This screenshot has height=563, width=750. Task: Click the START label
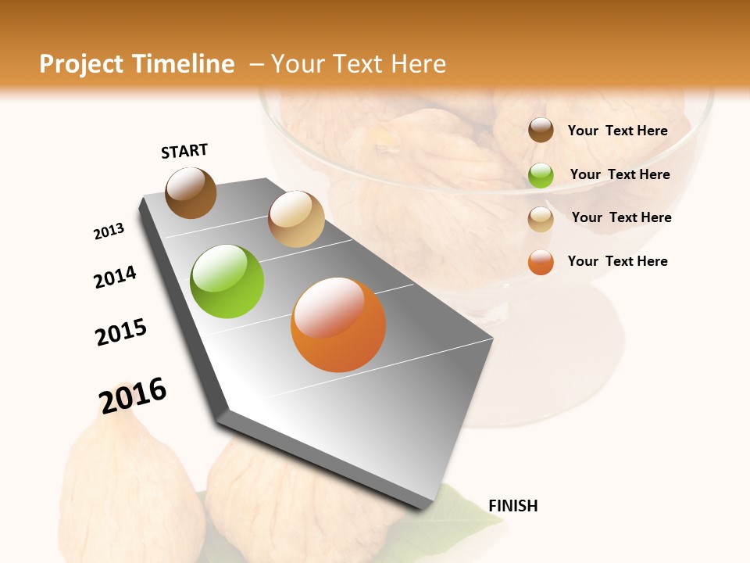184,151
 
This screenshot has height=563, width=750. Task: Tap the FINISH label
512,506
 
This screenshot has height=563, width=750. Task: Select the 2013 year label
109,231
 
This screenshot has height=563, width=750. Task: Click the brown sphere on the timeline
191,192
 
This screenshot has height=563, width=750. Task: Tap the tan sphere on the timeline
296,219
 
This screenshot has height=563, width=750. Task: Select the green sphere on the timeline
227,281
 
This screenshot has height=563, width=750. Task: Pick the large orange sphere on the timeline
338,325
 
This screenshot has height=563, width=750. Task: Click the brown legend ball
541,131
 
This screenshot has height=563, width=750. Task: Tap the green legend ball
541,175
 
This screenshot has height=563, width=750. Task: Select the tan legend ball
541,219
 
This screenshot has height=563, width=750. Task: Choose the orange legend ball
541,262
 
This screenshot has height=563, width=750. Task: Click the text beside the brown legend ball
617,131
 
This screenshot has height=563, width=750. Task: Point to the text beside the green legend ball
620,174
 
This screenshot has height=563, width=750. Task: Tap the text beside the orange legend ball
617,261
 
